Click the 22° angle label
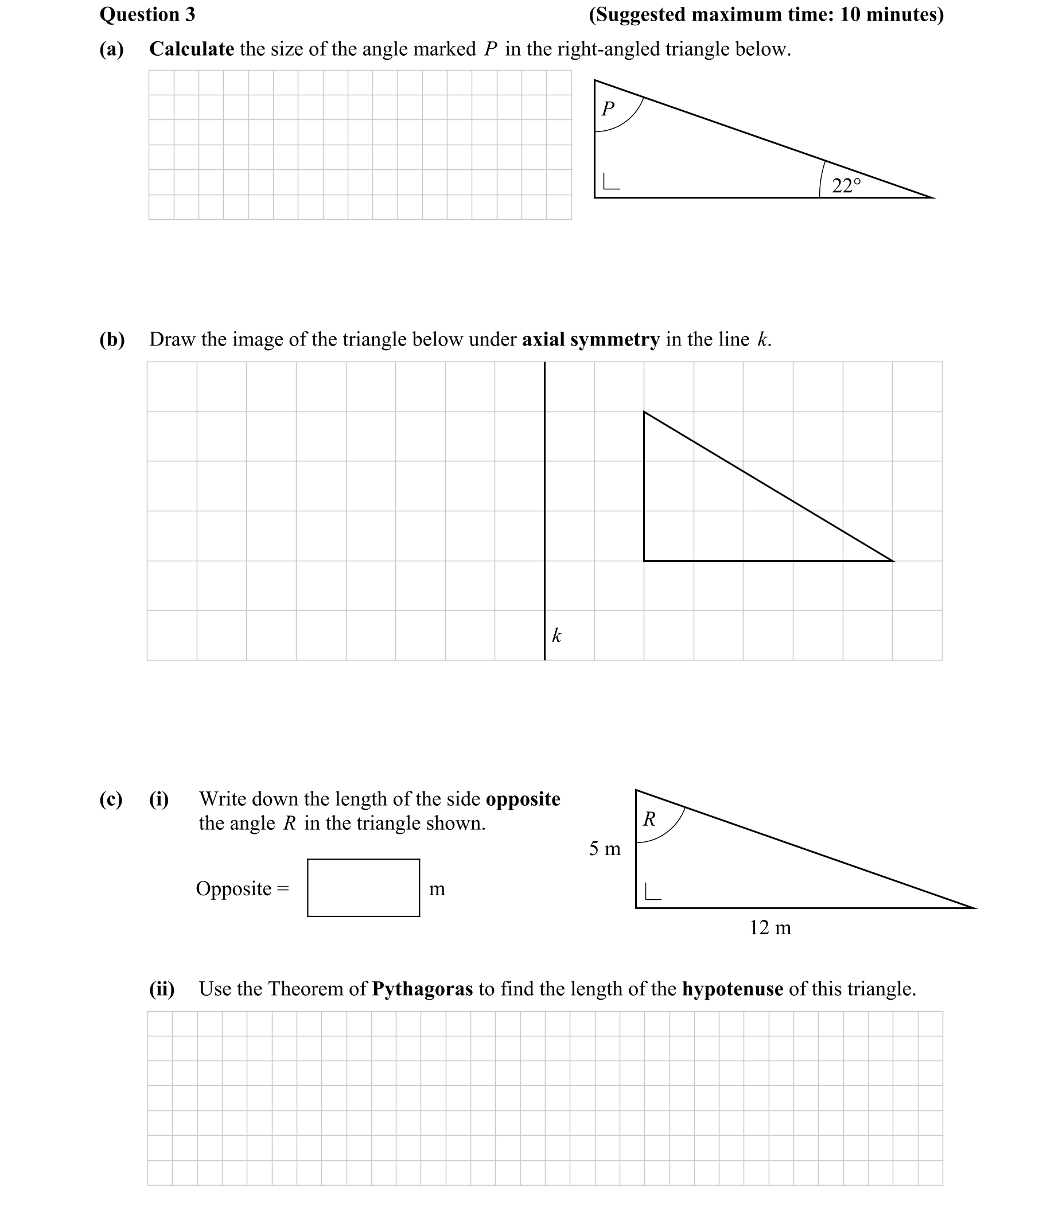pyautogui.click(x=846, y=185)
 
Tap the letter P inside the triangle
pyautogui.click(x=608, y=108)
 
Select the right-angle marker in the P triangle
pyautogui.click(x=610, y=182)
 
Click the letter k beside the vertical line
pyautogui.click(x=556, y=635)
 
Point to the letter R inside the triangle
pyautogui.click(x=649, y=819)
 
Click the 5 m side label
pyautogui.click(x=605, y=848)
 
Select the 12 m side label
pyautogui.click(x=770, y=927)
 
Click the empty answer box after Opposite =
pyautogui.click(x=363, y=888)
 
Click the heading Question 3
pyautogui.click(x=147, y=14)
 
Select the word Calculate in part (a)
pyautogui.click(x=192, y=49)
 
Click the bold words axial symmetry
pyautogui.click(x=590, y=339)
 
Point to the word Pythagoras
pyautogui.click(x=422, y=989)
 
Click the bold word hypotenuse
pyautogui.click(x=732, y=989)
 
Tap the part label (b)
pyautogui.click(x=112, y=339)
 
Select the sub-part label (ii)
pyautogui.click(x=162, y=989)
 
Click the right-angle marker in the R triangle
pyautogui.click(x=652, y=891)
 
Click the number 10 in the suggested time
pyautogui.click(x=851, y=14)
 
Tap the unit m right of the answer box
pyautogui.click(x=437, y=889)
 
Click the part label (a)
pyautogui.click(x=111, y=49)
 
